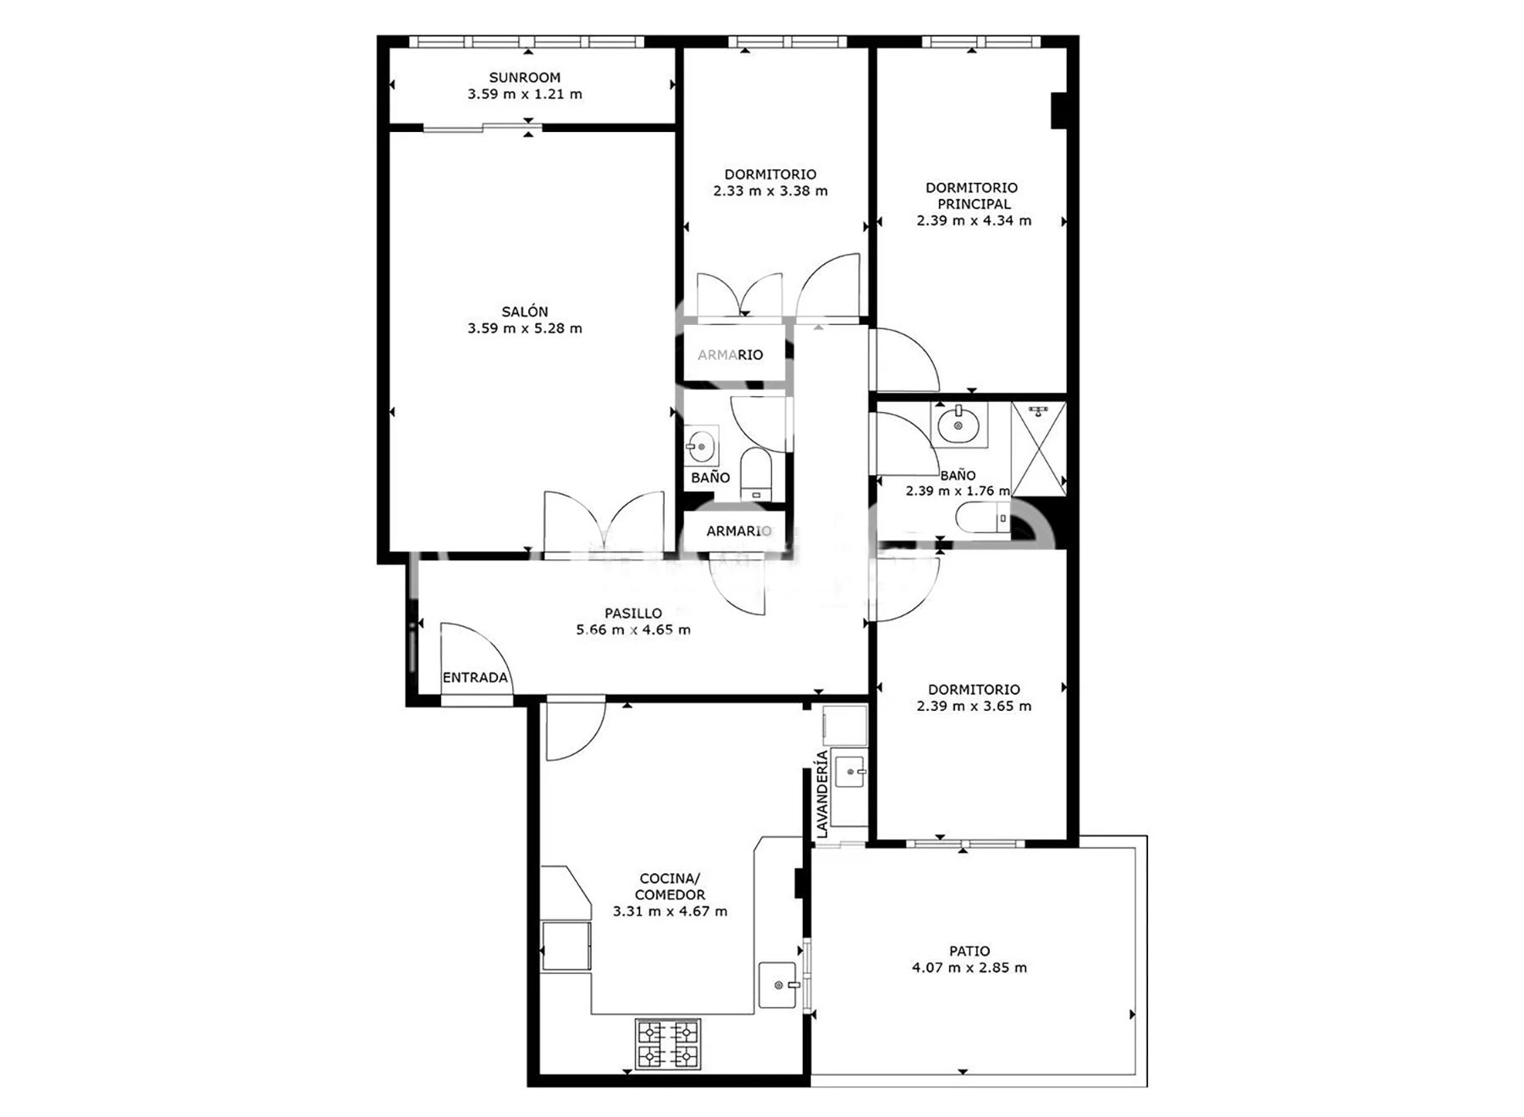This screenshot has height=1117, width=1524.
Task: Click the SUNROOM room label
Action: pyautogui.click(x=525, y=77)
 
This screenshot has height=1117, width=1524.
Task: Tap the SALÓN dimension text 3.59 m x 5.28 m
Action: pyautogui.click(x=525, y=328)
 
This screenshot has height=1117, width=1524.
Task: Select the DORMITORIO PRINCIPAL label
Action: pyautogui.click(x=972, y=195)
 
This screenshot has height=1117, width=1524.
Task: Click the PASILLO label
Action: pyautogui.click(x=633, y=613)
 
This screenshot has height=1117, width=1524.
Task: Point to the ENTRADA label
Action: pyautogui.click(x=475, y=677)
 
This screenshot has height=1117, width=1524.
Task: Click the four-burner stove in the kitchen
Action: pyautogui.click(x=668, y=1043)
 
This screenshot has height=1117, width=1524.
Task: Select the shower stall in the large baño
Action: pyautogui.click(x=1039, y=449)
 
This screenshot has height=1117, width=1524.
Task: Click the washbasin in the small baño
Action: pyautogui.click(x=701, y=445)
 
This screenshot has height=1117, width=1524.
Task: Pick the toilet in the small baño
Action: pyautogui.click(x=755, y=475)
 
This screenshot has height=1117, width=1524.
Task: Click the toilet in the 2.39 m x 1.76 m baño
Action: pyautogui.click(x=983, y=518)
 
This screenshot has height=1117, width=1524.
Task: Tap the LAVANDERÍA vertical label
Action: pyautogui.click(x=821, y=795)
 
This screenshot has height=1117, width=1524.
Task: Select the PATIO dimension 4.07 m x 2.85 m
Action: pyautogui.click(x=969, y=967)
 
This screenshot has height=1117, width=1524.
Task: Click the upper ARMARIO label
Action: pyautogui.click(x=730, y=355)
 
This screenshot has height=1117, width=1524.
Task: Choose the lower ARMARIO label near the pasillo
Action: pyautogui.click(x=739, y=531)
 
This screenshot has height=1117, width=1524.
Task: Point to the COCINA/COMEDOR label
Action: pyautogui.click(x=670, y=887)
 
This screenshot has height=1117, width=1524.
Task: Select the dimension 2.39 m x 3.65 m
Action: pyautogui.click(x=974, y=706)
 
